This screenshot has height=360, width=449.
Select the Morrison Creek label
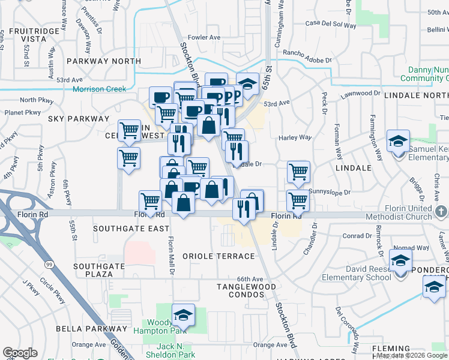(x=99, y=89)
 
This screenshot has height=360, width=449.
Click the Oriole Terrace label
(x=219, y=256)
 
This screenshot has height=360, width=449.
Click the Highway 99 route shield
(x=46, y=263)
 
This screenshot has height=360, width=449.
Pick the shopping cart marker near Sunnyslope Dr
(x=298, y=200)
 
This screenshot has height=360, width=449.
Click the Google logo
(x=20, y=353)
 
